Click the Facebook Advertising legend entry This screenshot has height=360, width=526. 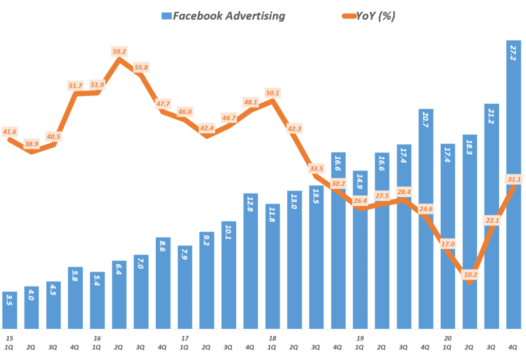pos(222,16)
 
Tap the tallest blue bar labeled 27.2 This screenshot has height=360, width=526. pos(514,185)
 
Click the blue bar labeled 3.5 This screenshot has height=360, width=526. pos(10,310)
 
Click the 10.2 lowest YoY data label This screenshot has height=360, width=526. pos(470,274)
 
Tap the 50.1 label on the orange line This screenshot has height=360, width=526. pos(273,93)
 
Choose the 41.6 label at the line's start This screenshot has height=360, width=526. pos(10,132)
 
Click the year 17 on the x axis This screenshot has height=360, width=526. pos(185,338)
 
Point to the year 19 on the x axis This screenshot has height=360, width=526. pos(360,338)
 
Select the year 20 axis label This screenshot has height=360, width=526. pos(448,338)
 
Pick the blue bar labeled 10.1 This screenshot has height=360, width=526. pos(229,275)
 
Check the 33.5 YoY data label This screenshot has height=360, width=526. pos(316,168)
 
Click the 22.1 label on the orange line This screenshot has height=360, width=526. pos(492,220)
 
